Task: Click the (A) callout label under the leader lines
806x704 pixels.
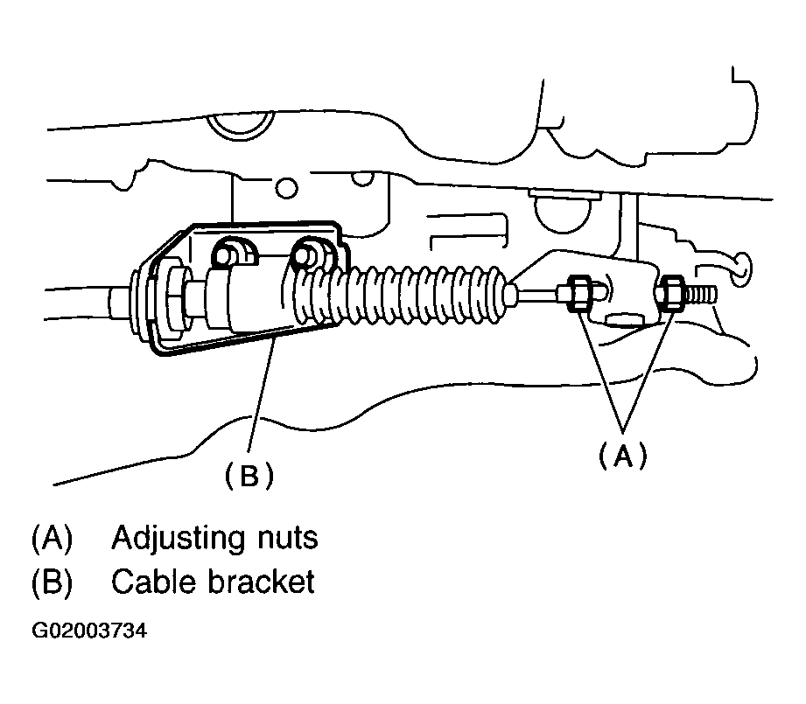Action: (622, 456)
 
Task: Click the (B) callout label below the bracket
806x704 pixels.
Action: (249, 474)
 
